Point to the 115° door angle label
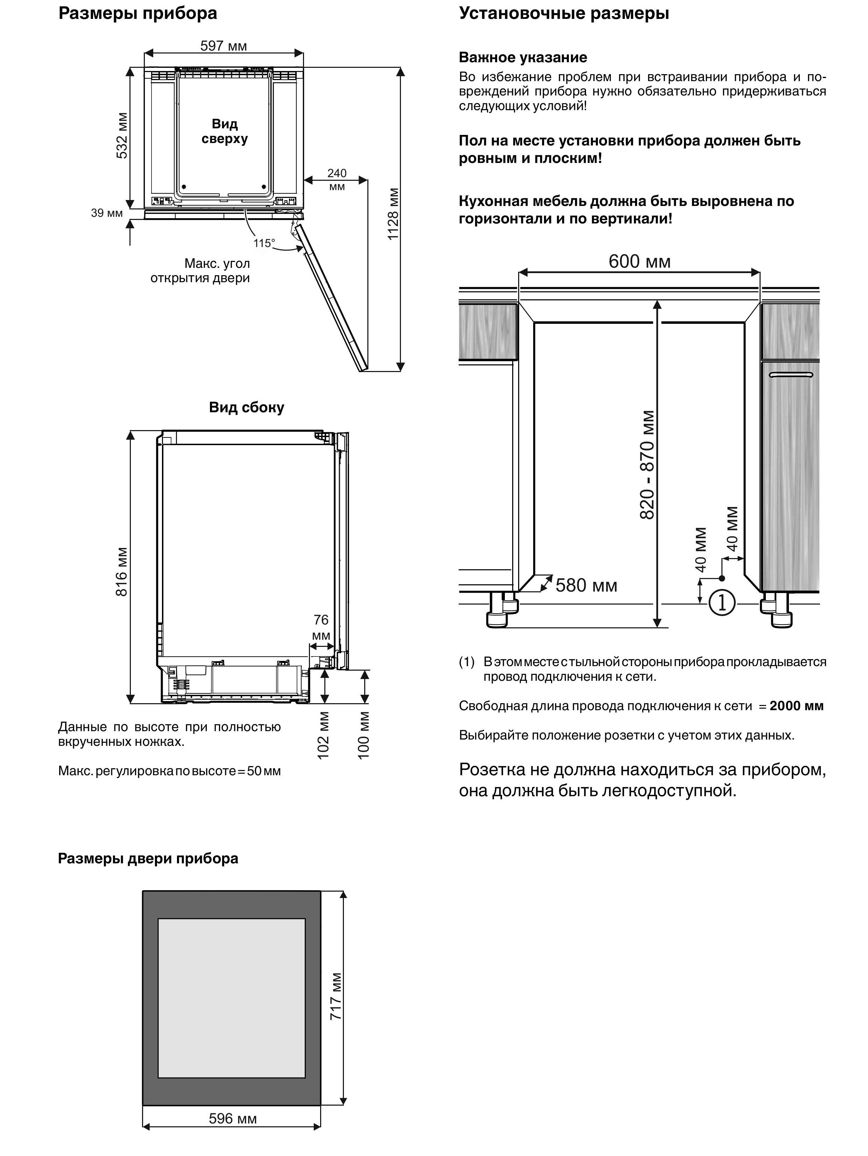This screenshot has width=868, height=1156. coord(264,243)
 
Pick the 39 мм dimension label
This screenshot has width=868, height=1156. coord(107,213)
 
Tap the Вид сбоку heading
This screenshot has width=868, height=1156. coord(246,407)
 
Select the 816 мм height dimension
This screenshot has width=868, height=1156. coord(121,571)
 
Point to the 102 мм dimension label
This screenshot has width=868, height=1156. coord(324,734)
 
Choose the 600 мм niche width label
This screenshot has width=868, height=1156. coord(639,261)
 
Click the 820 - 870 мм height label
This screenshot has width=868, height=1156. coord(647,465)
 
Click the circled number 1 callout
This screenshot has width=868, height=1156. coord(722,603)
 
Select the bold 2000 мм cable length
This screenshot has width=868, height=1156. coord(796,706)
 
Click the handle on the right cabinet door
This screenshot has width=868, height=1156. coord(791,375)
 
